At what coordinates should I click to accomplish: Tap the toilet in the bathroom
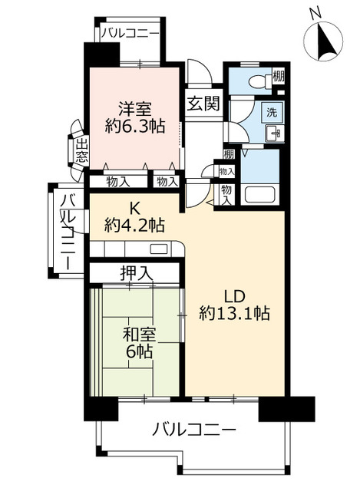point(260,82)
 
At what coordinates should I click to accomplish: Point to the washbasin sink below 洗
point(275,133)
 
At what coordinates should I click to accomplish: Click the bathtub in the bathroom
point(259,194)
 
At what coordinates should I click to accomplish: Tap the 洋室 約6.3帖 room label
point(135,117)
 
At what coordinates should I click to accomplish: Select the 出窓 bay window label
point(82,150)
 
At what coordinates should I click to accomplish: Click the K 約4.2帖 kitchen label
point(135,216)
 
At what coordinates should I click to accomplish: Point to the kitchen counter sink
point(159,249)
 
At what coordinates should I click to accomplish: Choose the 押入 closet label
point(137,274)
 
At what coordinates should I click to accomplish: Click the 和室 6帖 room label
point(139,342)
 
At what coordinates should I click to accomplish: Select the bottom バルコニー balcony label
point(194,429)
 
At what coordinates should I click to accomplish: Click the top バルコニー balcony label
point(130,32)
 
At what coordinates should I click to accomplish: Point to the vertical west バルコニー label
point(68,232)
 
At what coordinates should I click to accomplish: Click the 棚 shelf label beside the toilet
point(278,76)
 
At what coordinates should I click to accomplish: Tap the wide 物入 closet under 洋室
point(118,182)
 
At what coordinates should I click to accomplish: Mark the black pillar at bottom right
point(286,408)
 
